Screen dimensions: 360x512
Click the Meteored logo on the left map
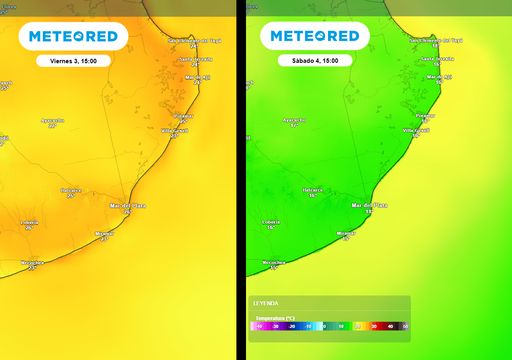click(73, 36)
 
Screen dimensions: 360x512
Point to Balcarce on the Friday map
click(71, 189)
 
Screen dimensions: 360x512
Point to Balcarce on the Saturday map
click(313, 189)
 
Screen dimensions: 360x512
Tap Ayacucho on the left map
click(53, 120)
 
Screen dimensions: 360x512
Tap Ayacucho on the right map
click(294, 120)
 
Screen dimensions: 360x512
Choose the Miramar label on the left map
click(104, 233)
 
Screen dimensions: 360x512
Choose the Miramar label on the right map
click(346, 233)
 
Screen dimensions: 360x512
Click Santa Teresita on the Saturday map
click(435, 59)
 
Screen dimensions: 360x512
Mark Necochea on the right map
click(273, 263)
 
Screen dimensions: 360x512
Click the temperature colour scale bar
click(329, 326)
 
